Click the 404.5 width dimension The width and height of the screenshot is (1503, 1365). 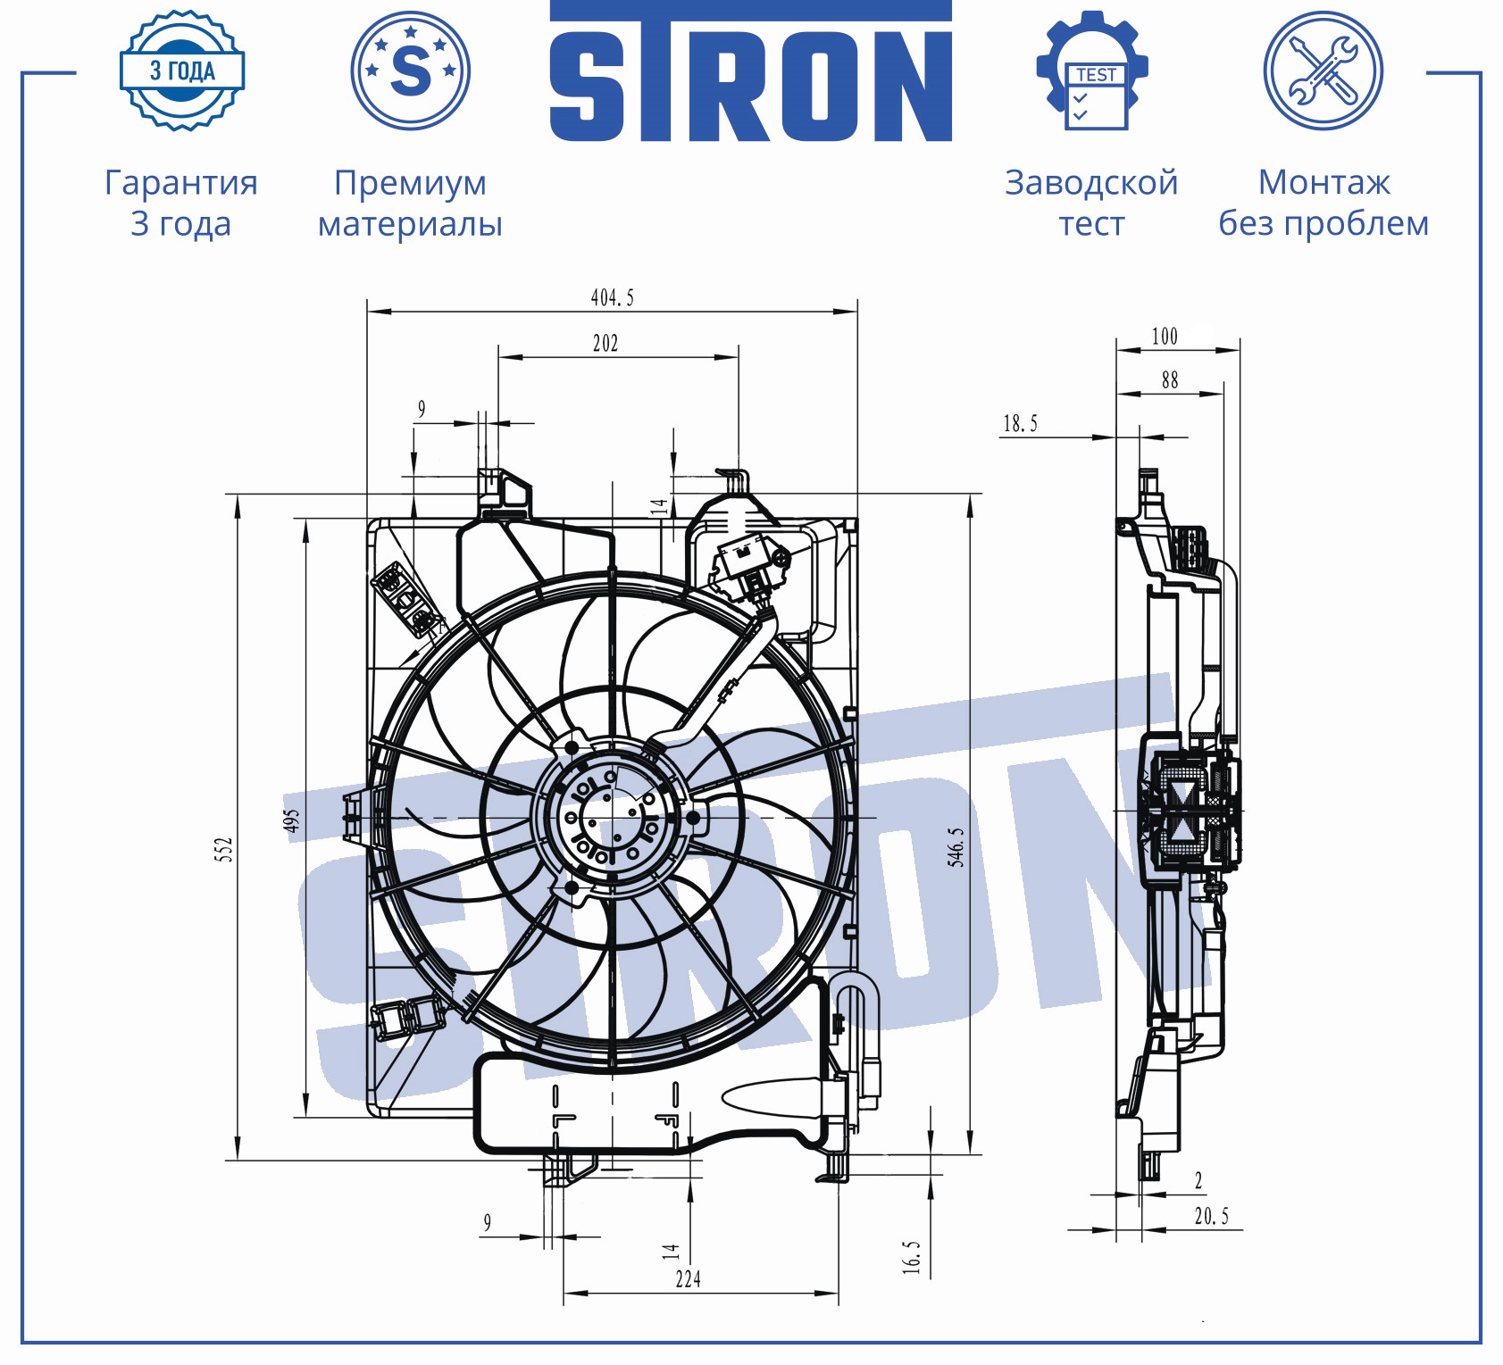click(613, 297)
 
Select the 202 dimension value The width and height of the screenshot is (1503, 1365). click(605, 343)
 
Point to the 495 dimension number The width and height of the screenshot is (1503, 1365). click(292, 821)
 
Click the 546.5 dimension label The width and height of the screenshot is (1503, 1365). click(956, 846)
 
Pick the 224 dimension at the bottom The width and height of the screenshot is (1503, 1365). click(688, 1279)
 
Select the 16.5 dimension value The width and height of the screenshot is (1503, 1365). click(911, 1257)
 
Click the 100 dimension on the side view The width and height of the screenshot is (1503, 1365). click(1165, 337)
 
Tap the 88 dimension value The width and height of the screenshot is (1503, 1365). click(1170, 380)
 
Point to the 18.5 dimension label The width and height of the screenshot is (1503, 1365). click(1020, 423)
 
